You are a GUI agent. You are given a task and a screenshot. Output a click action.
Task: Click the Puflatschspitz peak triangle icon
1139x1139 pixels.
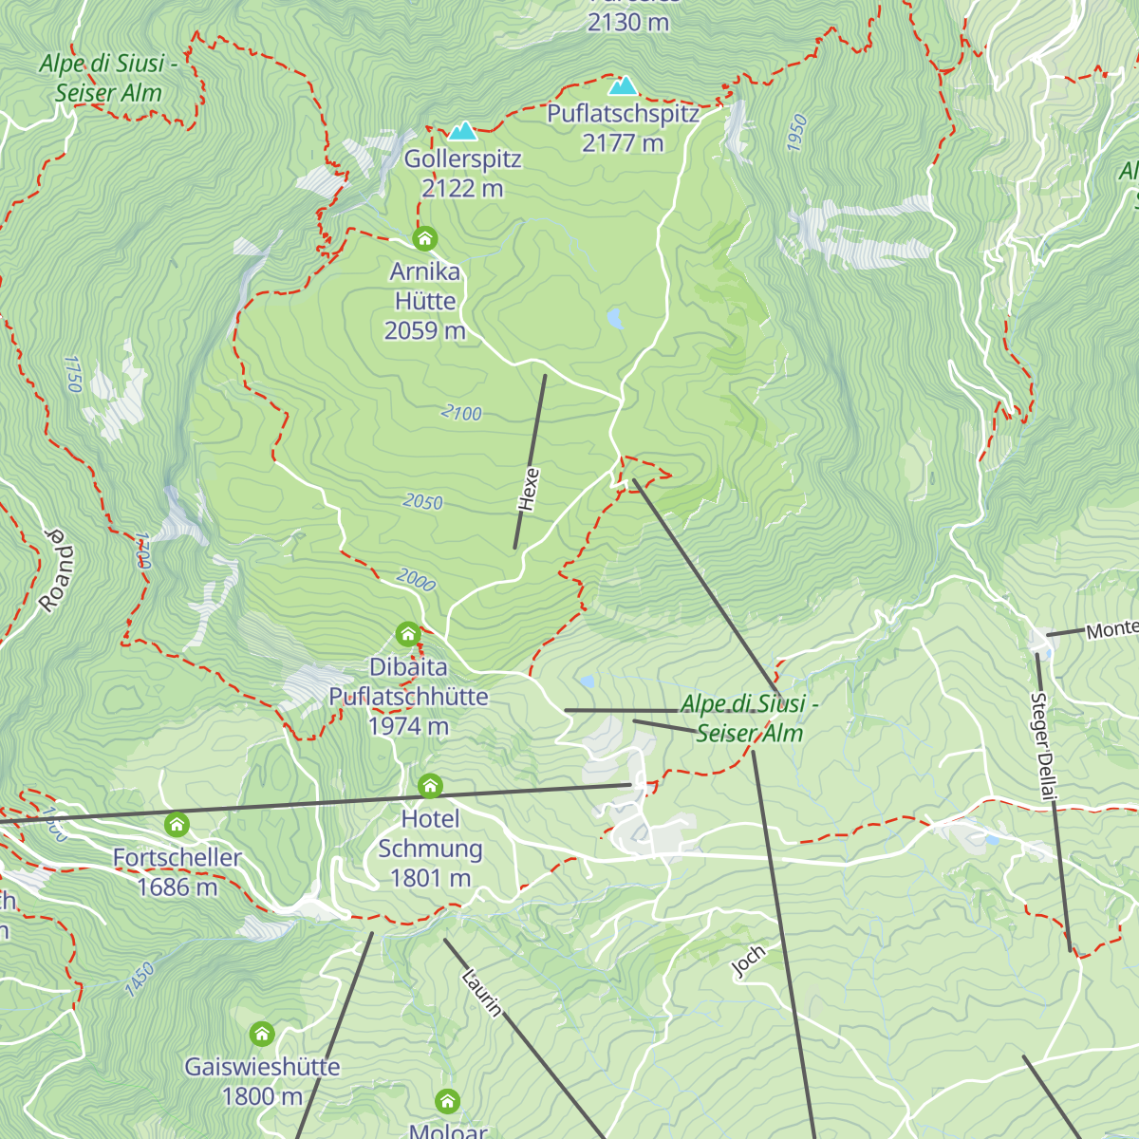tap(623, 86)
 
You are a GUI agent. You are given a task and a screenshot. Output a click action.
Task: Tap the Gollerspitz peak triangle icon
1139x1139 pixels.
tap(462, 131)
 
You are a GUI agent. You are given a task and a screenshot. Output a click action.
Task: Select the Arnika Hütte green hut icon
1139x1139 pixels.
tap(424, 237)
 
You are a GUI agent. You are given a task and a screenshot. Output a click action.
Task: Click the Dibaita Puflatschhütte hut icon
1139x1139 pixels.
tap(408, 633)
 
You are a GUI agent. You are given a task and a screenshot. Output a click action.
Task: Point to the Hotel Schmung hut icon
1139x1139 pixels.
tap(430, 785)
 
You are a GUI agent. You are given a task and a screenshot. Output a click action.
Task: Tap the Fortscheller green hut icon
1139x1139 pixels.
tap(177, 824)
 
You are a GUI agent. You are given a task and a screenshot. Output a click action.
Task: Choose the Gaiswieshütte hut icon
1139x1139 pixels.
tap(262, 1033)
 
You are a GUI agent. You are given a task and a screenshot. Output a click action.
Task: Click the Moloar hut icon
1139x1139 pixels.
tap(448, 1101)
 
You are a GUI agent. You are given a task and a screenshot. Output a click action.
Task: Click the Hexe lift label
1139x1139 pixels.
tap(529, 490)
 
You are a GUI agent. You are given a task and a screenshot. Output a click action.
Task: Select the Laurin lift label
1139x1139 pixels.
tap(481, 992)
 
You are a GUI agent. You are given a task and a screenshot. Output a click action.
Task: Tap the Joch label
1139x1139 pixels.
tap(749, 962)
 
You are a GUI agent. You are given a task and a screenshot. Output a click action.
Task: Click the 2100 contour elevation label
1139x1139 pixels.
tap(462, 413)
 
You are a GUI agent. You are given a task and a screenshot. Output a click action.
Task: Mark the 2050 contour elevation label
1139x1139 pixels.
tap(422, 501)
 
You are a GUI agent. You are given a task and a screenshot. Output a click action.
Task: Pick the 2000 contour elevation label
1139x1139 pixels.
tap(416, 579)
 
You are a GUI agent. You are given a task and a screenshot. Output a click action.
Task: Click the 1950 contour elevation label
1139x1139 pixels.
tap(797, 133)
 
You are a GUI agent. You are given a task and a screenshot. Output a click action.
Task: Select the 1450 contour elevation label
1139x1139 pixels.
tap(139, 980)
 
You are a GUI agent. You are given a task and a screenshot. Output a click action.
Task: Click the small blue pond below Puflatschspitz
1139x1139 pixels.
tap(615, 318)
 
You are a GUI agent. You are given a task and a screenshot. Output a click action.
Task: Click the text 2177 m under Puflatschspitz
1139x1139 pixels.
tap(623, 143)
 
